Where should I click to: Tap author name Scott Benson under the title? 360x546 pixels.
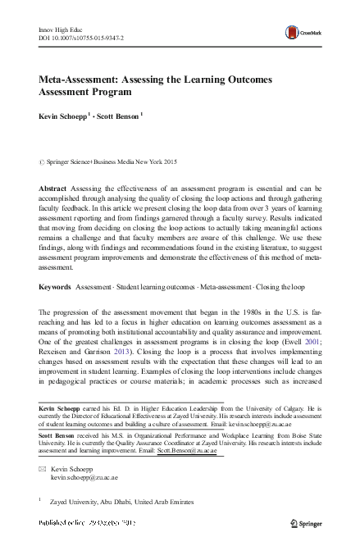click(117, 116)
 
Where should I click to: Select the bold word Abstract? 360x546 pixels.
click(52, 188)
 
